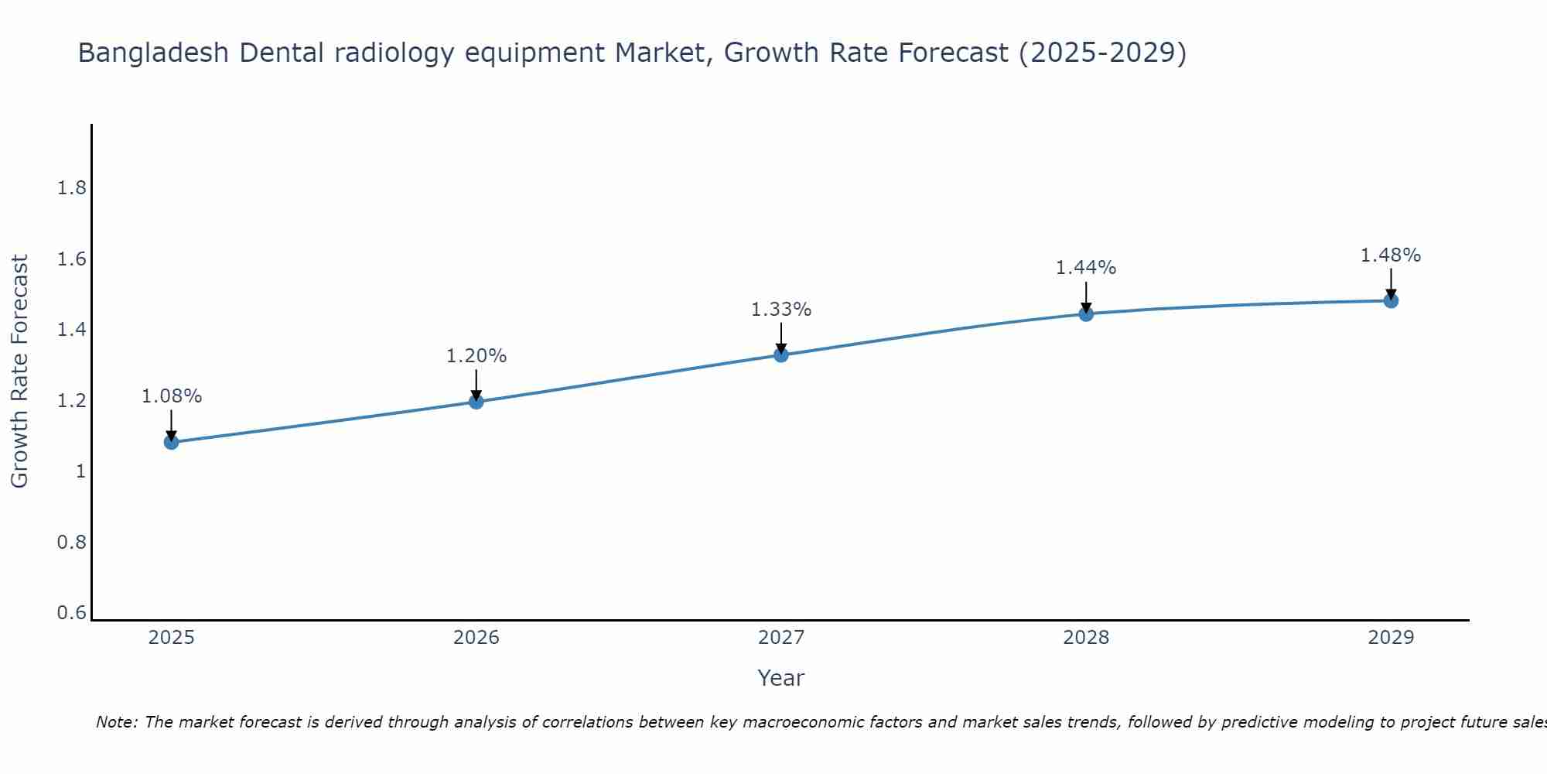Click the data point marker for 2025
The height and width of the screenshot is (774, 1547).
point(172,442)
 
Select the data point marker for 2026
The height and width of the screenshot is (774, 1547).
point(476,401)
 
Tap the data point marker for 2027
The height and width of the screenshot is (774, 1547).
point(781,354)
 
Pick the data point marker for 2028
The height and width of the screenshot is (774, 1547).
point(1086,313)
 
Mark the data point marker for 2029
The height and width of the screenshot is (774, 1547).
point(1391,300)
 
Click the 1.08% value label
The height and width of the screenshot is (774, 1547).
point(172,396)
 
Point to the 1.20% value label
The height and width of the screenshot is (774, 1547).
point(476,356)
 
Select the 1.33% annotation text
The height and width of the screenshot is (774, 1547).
point(781,310)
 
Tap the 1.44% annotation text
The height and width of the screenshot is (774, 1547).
point(1086,268)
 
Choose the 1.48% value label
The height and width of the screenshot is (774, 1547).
point(1391,255)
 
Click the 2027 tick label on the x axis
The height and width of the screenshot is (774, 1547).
point(781,638)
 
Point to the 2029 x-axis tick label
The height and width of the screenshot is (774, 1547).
point(1391,638)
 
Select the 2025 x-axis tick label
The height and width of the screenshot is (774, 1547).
point(172,638)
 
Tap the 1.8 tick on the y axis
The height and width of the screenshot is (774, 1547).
point(72,188)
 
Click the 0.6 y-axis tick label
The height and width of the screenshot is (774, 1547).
point(72,613)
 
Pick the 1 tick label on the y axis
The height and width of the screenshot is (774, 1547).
point(80,471)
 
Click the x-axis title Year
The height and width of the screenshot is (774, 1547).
point(781,678)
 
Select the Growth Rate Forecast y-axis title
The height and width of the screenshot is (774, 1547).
point(19,372)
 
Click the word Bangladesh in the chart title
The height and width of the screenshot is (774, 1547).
point(154,53)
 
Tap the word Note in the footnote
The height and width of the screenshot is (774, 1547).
point(116,722)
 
